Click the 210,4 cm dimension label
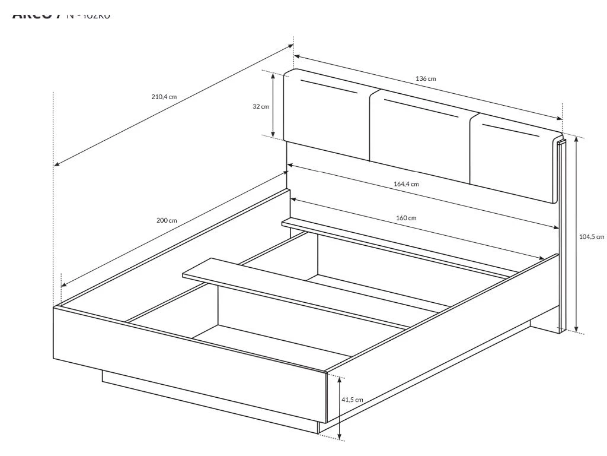pos(164,97)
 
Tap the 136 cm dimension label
pos(426,78)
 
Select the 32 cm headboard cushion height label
pos(260,106)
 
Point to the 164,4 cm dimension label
pos(406,184)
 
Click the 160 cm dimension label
pos(406,218)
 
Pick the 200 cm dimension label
pos(167,220)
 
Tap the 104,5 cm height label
pos(591,236)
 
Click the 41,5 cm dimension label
pos(352,400)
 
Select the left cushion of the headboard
pos(327,116)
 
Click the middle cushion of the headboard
pos(421,137)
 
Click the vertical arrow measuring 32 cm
pos(273,106)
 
